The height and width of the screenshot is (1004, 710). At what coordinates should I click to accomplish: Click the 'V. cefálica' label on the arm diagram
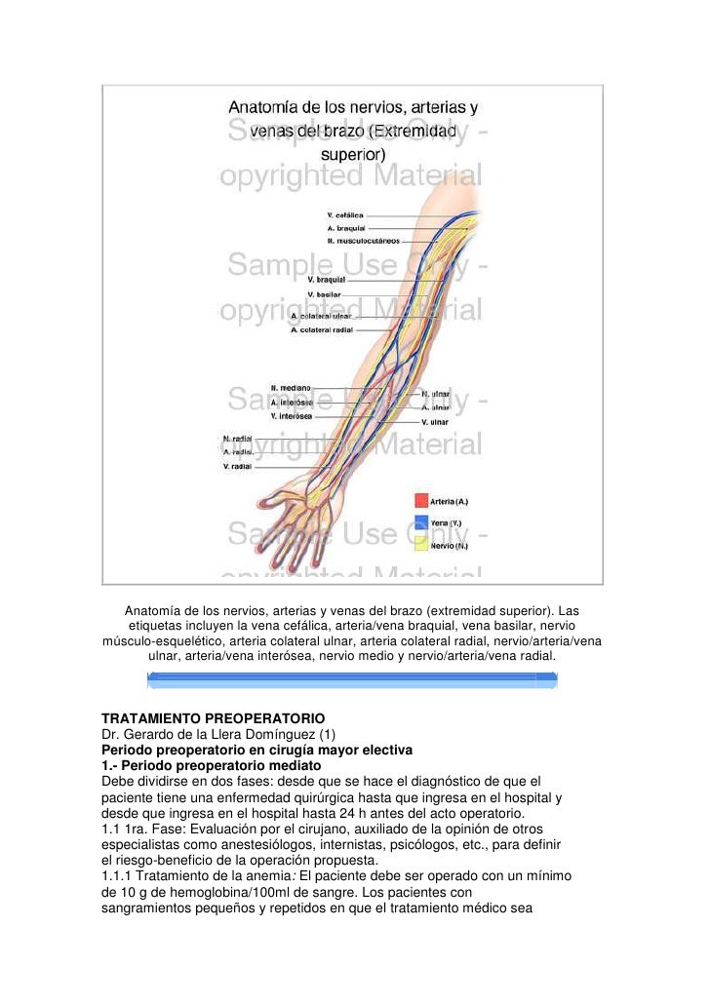(x=344, y=215)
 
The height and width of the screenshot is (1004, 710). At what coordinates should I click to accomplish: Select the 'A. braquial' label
(x=344, y=228)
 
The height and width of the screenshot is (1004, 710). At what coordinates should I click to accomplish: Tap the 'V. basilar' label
(x=324, y=294)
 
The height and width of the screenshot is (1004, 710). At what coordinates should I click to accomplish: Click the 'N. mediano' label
(x=291, y=388)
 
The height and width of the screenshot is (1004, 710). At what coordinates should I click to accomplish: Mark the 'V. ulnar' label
(x=435, y=422)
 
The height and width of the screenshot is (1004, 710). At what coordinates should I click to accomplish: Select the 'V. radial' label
(x=237, y=467)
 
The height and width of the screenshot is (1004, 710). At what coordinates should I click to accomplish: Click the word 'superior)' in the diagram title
(x=353, y=154)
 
